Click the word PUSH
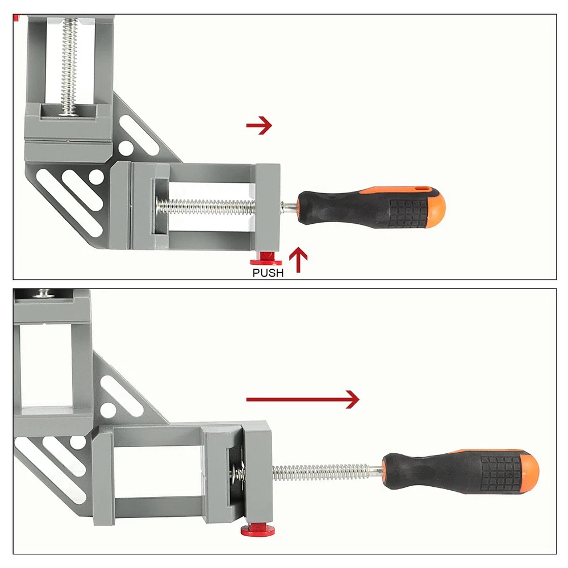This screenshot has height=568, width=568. pos(268,273)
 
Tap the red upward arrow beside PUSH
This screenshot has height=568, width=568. pos(298,260)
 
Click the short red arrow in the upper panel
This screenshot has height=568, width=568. pos(259,126)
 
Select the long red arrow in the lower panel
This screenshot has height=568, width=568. pos(303,399)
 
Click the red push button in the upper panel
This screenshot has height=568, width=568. pos(266,258)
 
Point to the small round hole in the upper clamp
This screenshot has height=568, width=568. pos(126,148)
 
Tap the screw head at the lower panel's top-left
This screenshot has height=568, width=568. pos(44,293)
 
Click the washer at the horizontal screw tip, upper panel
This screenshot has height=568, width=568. pos(159,206)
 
